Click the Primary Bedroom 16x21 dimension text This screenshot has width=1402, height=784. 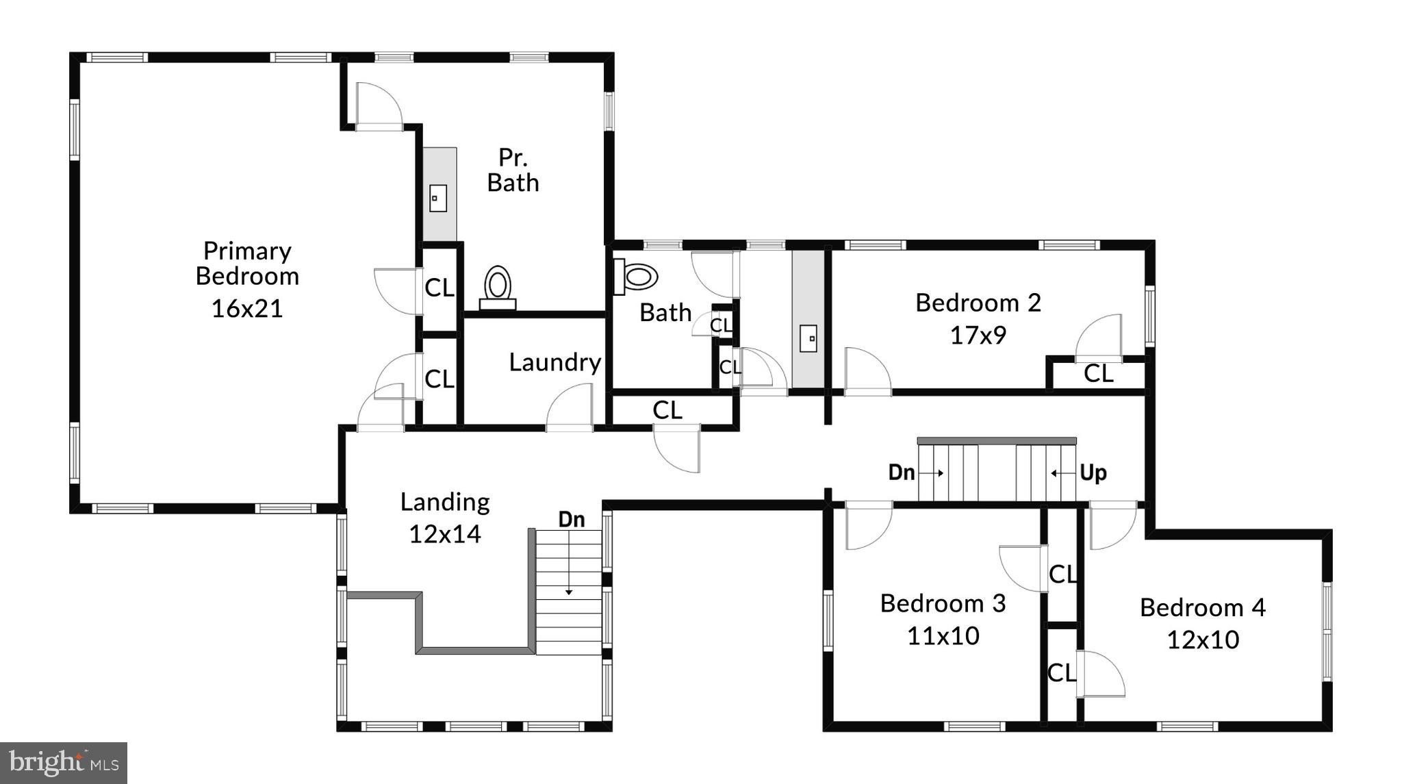tap(246, 309)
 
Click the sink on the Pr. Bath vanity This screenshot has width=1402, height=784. tap(437, 199)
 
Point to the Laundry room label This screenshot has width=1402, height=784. tap(555, 362)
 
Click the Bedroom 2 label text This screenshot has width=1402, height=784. tap(978, 303)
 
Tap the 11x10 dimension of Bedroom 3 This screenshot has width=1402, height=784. tap(943, 636)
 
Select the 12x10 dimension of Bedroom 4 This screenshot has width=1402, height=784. tap(1202, 640)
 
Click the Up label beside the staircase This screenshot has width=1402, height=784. tap(1093, 472)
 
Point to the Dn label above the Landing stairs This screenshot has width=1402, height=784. tap(572, 520)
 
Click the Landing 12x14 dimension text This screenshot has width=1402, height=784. tap(444, 534)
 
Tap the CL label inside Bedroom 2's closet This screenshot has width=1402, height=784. tap(1098, 374)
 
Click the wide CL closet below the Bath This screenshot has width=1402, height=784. tap(667, 410)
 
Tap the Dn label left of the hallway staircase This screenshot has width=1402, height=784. tap(902, 472)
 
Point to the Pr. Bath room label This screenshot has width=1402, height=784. tap(513, 170)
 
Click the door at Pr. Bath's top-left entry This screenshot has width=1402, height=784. tap(378, 106)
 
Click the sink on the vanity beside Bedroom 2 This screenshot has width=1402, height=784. tap(808, 338)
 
